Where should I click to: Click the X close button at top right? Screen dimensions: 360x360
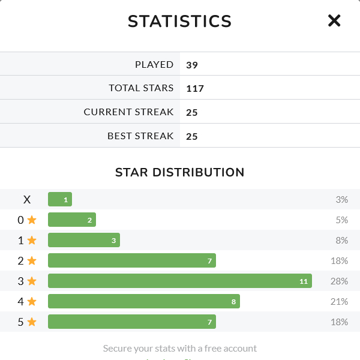[334, 21]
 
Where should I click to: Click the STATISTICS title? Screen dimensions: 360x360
[179, 22]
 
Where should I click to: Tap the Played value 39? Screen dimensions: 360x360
[192, 65]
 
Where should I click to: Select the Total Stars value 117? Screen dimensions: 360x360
[195, 89]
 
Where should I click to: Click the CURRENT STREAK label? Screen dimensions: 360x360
[128, 112]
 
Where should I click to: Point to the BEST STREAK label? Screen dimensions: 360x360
[140, 136]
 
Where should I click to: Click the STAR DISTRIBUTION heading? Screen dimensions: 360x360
[179, 173]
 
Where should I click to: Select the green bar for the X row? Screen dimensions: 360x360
[60, 200]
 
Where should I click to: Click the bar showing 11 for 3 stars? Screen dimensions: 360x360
[179, 281]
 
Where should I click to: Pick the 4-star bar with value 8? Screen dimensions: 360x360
[143, 301]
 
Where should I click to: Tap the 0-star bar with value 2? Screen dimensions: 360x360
[72, 220]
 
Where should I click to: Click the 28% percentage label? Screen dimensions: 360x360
[339, 281]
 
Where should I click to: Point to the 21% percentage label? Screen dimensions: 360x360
[339, 301]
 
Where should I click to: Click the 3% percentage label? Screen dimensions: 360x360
[341, 200]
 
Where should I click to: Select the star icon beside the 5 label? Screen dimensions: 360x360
[32, 322]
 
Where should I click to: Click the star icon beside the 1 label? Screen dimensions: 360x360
[32, 241]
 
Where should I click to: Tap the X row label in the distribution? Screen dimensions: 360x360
[27, 200]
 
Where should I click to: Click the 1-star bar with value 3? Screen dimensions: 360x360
[84, 241]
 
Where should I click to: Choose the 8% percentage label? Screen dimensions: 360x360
[341, 241]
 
